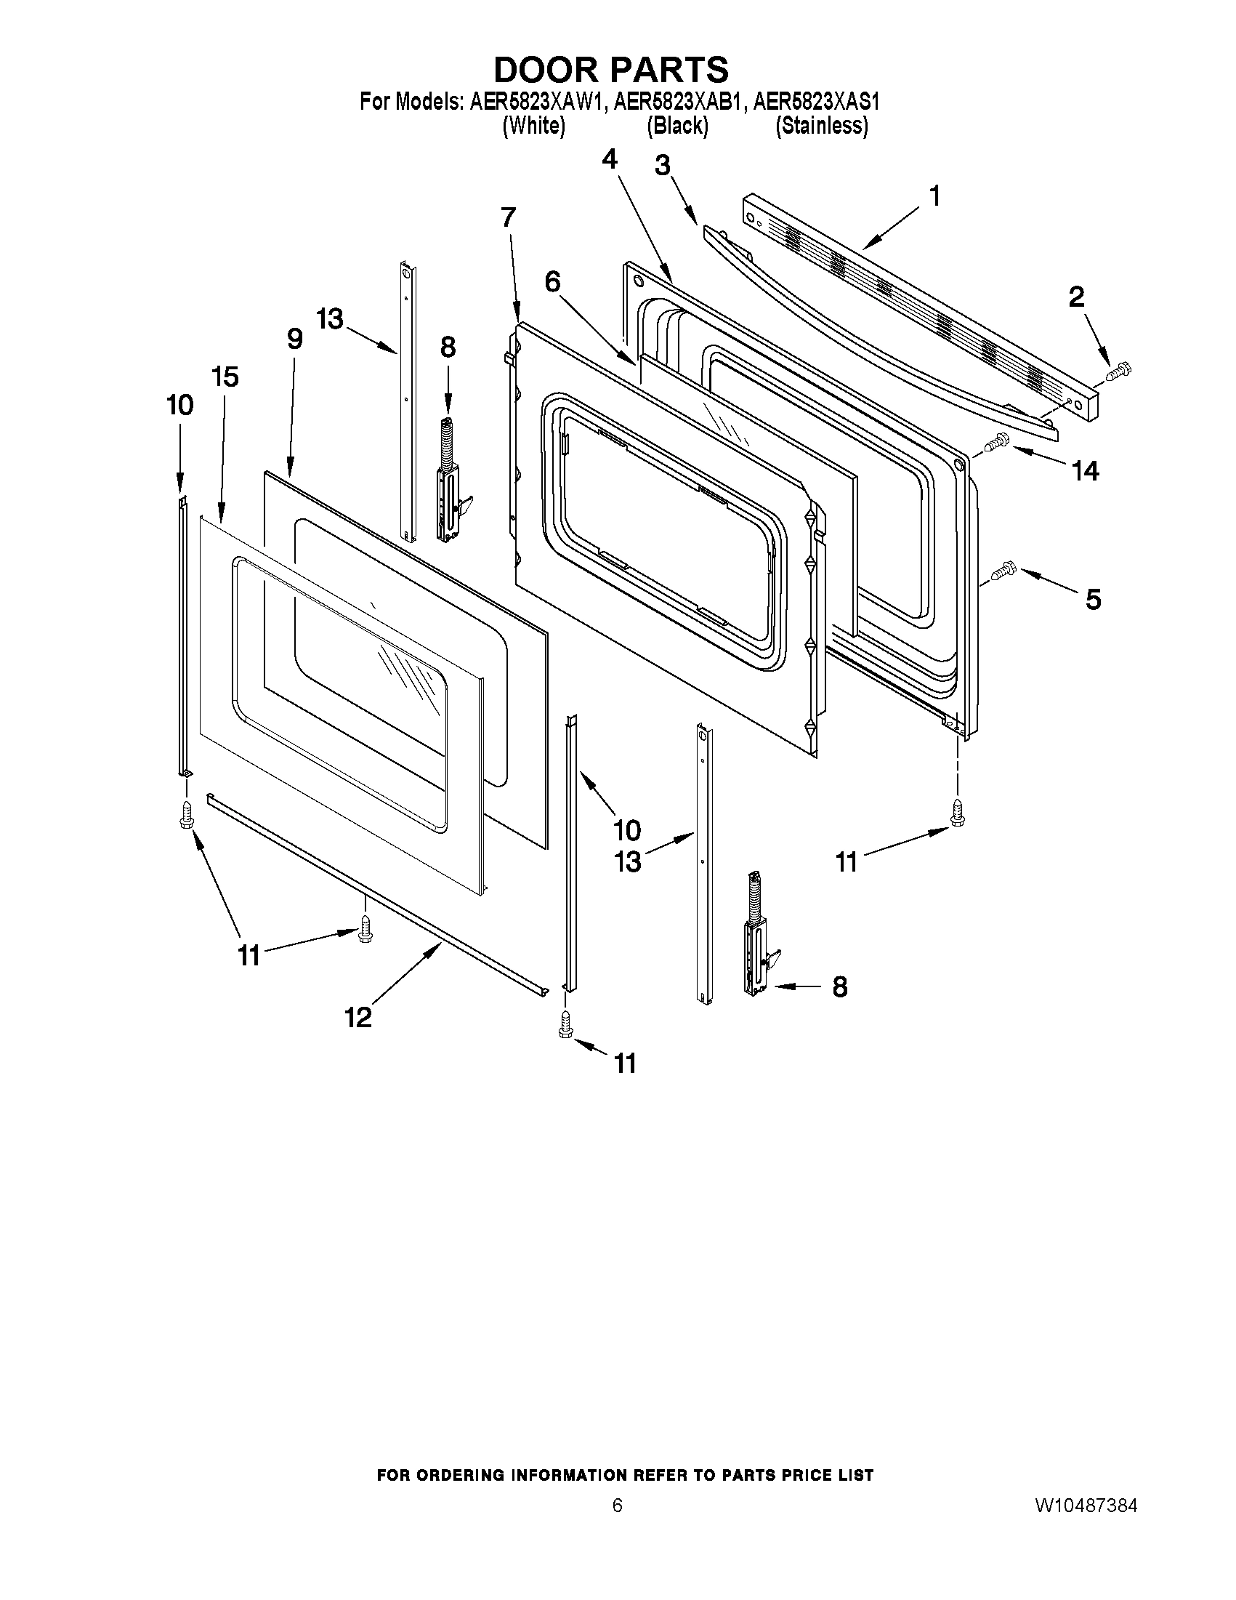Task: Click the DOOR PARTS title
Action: pos(610,71)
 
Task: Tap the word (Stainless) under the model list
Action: pos(822,126)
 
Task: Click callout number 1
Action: pos(934,196)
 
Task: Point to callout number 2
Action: pos(1075,297)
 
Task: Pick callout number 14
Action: pos(1084,470)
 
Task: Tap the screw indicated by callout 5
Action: pos(1001,571)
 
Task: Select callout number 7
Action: pos(508,217)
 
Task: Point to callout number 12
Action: pos(359,1017)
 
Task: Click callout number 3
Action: pos(662,166)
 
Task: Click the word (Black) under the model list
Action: pos(677,126)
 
